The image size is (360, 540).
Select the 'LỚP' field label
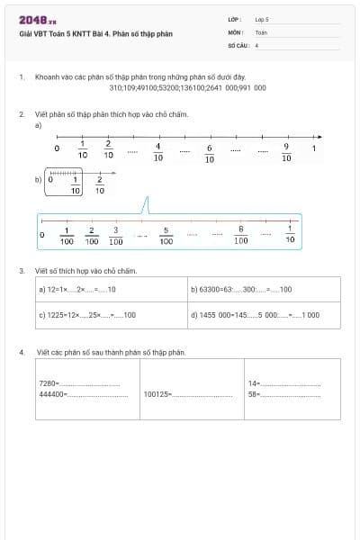tap(235, 18)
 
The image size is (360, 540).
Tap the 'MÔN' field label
tap(235, 31)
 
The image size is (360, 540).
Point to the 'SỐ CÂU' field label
tap(238, 43)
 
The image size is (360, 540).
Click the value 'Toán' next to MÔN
tap(261, 31)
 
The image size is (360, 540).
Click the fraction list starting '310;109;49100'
tap(187, 88)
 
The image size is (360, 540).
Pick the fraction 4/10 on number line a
tap(158, 151)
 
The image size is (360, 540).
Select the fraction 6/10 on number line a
tap(210, 153)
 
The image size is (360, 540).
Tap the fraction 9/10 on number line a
tap(286, 151)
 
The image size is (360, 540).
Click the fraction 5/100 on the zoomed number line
tap(166, 236)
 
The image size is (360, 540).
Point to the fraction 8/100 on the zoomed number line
tap(241, 236)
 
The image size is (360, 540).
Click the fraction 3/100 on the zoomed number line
tap(116, 236)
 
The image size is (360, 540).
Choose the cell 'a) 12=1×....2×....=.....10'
tap(111, 290)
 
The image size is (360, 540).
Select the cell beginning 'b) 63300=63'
tap(264, 290)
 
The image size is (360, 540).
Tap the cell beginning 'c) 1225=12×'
tap(111, 315)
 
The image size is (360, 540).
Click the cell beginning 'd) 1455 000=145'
tap(264, 315)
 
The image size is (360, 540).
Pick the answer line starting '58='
tap(283, 394)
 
